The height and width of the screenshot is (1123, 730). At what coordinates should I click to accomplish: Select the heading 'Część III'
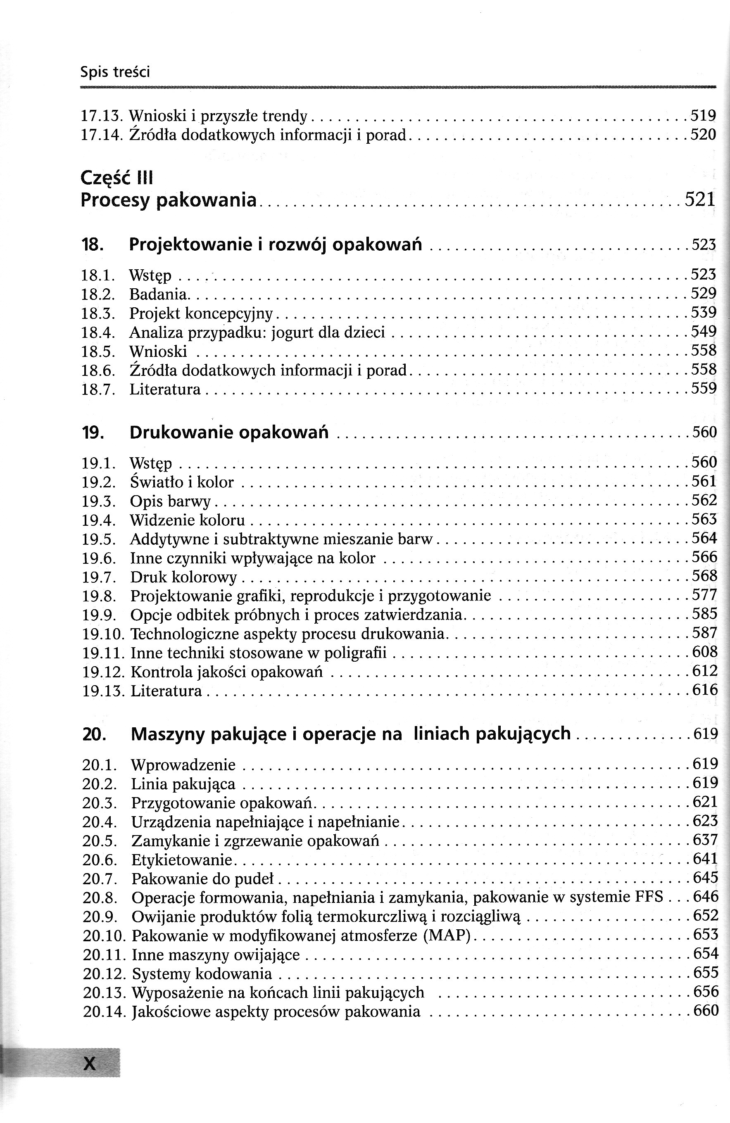tap(117, 178)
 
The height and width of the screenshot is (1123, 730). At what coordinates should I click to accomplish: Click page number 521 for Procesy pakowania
tap(700, 199)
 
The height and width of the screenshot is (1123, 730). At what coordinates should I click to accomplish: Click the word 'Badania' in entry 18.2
tap(158, 294)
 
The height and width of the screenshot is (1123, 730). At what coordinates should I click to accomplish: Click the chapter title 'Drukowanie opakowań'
tap(229, 432)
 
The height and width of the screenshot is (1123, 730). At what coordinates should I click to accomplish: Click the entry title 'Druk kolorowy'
tap(183, 577)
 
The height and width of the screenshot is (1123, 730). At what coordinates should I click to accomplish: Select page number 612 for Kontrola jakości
tap(704, 671)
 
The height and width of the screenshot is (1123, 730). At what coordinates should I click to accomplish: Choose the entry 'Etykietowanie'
tap(182, 860)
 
